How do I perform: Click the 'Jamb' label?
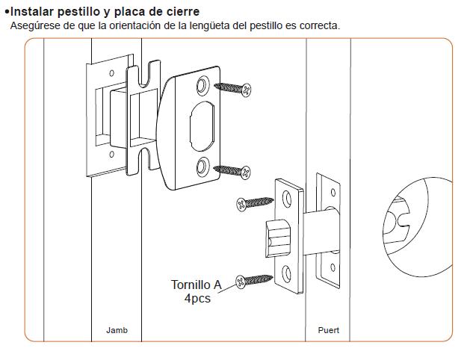point(117,329)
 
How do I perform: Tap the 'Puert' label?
point(328,329)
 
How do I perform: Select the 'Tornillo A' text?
point(197,285)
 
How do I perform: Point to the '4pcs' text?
point(197,298)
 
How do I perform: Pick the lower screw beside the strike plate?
point(234,171)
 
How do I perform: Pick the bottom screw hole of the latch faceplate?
point(288,271)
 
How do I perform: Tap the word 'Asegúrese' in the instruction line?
point(34,25)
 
